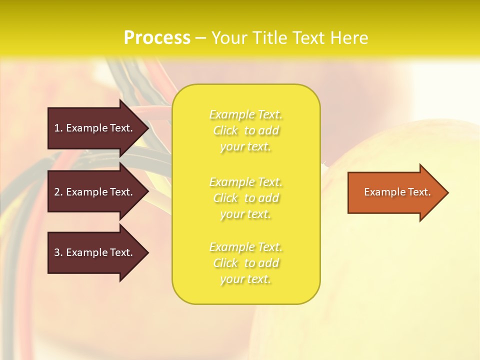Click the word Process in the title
click(x=157, y=38)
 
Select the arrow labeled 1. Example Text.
click(x=92, y=128)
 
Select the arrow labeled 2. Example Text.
click(x=92, y=192)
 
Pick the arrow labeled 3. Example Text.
click(x=92, y=252)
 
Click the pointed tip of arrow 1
click(x=147, y=128)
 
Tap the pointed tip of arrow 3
click(x=147, y=252)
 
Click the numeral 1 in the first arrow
click(x=56, y=128)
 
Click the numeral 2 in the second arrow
click(x=57, y=192)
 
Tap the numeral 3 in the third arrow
click(x=57, y=252)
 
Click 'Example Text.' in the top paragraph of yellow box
click(x=245, y=114)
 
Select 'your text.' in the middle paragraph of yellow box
click(x=245, y=214)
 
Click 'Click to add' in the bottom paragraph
click(x=245, y=263)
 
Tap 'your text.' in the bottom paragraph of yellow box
click(x=245, y=279)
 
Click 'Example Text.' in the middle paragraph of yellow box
click(x=245, y=182)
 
